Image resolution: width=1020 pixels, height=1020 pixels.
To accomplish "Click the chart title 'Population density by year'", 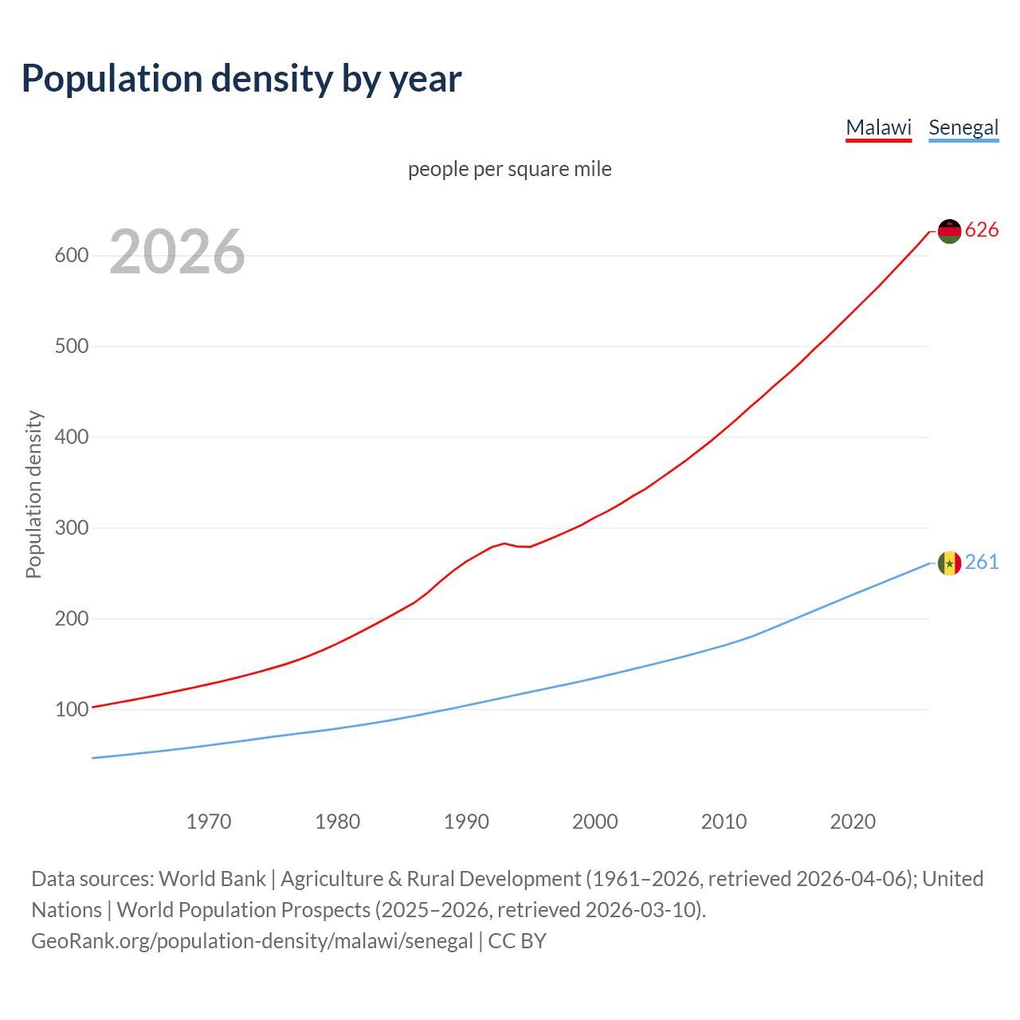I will [x=241, y=79].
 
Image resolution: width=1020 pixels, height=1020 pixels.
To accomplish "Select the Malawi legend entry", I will [x=878, y=127].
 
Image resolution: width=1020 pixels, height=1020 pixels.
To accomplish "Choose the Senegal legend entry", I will [x=963, y=127].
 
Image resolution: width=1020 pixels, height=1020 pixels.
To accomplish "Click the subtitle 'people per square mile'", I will [x=510, y=169].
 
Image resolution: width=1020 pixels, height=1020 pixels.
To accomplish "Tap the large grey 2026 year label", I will [x=177, y=252].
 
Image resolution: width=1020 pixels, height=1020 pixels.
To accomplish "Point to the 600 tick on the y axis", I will [x=71, y=256].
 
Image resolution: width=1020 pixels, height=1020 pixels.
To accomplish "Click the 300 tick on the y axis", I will [x=71, y=528].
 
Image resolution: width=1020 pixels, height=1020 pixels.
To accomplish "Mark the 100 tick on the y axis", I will [x=71, y=709].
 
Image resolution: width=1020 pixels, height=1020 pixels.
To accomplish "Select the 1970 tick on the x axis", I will [x=209, y=822].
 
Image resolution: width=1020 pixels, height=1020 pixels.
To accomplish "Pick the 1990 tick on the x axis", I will [x=466, y=822].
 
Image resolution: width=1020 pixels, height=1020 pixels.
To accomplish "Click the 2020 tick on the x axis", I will [x=853, y=822].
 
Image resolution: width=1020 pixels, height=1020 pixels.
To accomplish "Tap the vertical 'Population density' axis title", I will [x=33, y=494].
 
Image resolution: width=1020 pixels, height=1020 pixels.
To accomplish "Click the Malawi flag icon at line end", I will [x=949, y=231].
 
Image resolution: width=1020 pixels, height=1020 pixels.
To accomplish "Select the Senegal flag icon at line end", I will [x=949, y=563].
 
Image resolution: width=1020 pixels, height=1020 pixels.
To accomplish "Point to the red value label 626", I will [x=982, y=230].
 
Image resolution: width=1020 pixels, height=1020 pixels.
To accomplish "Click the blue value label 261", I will [x=982, y=563].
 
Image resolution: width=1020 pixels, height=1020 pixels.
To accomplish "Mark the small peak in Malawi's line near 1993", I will [x=504, y=543].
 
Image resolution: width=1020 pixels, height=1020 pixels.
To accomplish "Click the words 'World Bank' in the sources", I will [x=212, y=879].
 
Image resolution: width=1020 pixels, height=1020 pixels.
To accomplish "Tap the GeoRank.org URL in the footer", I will [x=252, y=941].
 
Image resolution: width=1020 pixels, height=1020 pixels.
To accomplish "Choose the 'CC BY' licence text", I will [x=517, y=941].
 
